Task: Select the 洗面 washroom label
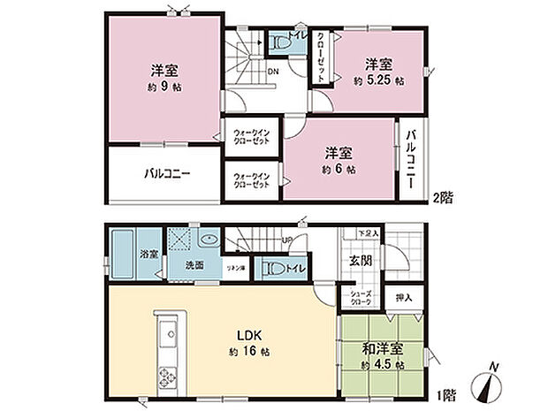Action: (x=194, y=264)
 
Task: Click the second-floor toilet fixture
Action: (x=282, y=39)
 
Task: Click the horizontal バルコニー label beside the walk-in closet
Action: (x=167, y=172)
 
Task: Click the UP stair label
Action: (x=287, y=241)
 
